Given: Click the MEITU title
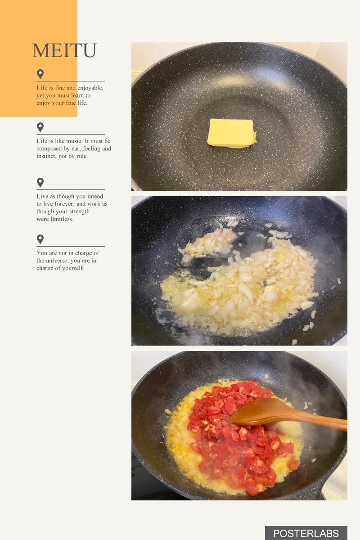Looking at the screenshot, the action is [x=64, y=50].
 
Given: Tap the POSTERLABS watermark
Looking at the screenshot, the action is [x=306, y=533].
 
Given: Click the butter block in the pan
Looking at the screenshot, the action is [x=231, y=133].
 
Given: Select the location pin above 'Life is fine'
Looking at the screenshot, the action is [x=40, y=74].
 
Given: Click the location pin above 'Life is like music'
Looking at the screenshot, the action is [x=40, y=127].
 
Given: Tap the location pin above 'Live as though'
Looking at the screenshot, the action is [x=40, y=183].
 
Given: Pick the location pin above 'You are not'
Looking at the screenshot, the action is [x=40, y=239].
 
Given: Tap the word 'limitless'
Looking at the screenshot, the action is [x=62, y=219].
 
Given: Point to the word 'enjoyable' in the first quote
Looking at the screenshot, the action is [x=90, y=88].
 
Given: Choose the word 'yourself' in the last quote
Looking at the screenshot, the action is [x=74, y=268].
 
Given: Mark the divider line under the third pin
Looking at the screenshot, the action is [x=71, y=190].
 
